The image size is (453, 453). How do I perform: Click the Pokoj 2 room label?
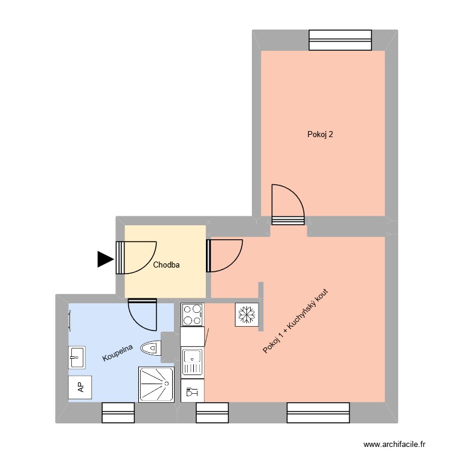point(320,135)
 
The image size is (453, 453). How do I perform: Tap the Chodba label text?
point(166,265)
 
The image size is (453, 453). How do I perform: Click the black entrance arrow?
point(106,259)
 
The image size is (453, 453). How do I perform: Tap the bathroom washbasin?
point(77,357)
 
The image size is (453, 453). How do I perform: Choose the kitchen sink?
point(193,361)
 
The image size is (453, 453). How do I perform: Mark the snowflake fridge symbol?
point(246,315)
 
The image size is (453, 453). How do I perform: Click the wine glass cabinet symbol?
point(193,391)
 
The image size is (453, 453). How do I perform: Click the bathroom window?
point(118,412)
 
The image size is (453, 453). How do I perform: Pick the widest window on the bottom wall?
point(318,412)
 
